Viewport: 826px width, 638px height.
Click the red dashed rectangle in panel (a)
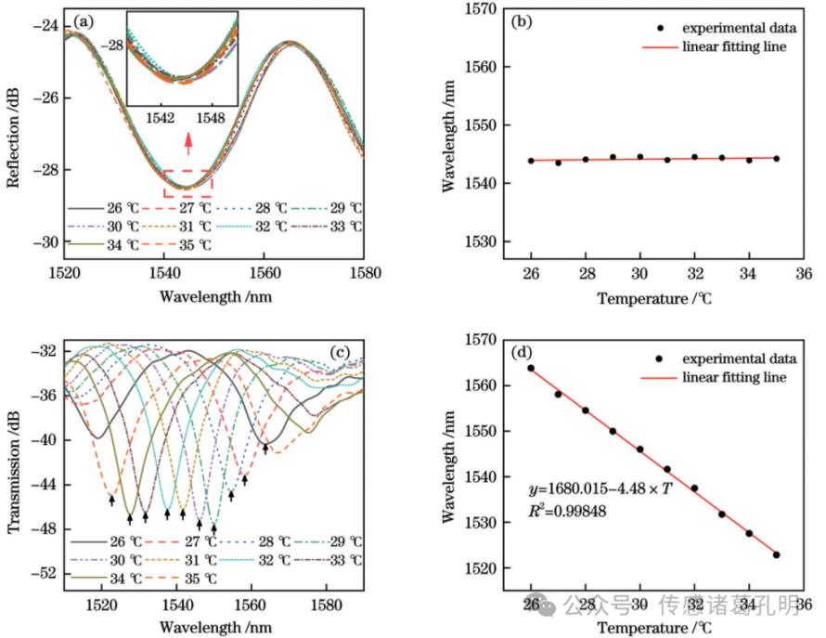[x=188, y=183]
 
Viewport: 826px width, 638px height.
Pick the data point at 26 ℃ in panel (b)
[x=531, y=161]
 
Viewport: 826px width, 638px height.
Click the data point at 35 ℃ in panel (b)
[x=776, y=159]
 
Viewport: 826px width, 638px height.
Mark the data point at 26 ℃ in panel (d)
[x=531, y=368]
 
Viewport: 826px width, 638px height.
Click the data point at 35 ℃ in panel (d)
[x=776, y=554]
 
